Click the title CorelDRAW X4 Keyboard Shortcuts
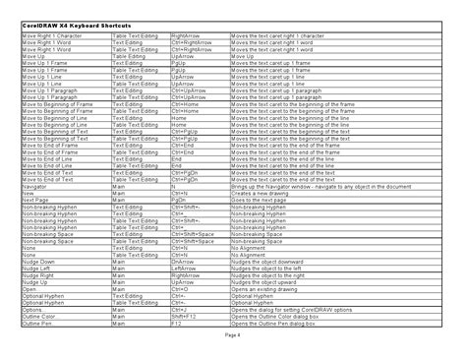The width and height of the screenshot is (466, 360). pyautogui.click(x=70, y=23)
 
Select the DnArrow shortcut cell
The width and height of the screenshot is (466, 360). pyautogui.click(x=184, y=263)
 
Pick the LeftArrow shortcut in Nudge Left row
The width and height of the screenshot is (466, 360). pyautogui.click(x=185, y=270)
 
